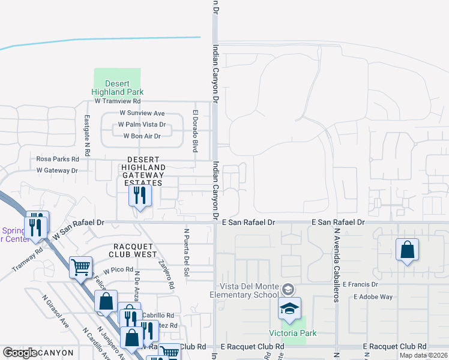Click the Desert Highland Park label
pos(117,88)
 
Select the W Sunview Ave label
pos(142,113)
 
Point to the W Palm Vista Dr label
pos(142,124)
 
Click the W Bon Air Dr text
pos(142,136)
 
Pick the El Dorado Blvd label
pos(195,130)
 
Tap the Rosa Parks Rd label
pos(58,159)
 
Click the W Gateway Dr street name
pos(57,170)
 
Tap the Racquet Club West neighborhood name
pos(136,250)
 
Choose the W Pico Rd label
pos(118,269)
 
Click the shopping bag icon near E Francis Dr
pos(407,250)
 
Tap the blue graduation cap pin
pos(289,308)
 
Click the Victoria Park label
pos(292,333)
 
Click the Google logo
pos(20,353)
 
